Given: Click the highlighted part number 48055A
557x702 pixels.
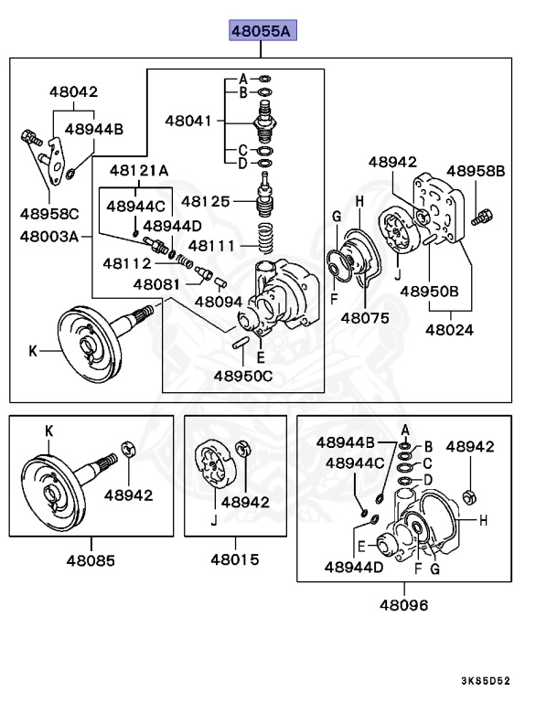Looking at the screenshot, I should (261, 32).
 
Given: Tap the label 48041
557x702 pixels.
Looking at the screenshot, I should (188, 120).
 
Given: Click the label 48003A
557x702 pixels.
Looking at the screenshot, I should (49, 235).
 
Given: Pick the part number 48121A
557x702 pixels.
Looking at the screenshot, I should (139, 170).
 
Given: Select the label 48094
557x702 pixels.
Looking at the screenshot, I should (218, 300).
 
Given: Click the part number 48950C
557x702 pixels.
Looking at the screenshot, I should (243, 375).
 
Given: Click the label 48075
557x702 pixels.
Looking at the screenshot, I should (365, 318).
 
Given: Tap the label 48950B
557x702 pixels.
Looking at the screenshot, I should (429, 292).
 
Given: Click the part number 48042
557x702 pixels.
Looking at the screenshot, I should (73, 91).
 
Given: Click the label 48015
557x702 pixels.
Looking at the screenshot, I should (233, 558).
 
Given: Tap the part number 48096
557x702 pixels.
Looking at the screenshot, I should (403, 604).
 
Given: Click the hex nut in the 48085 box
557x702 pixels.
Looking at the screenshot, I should (129, 450).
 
